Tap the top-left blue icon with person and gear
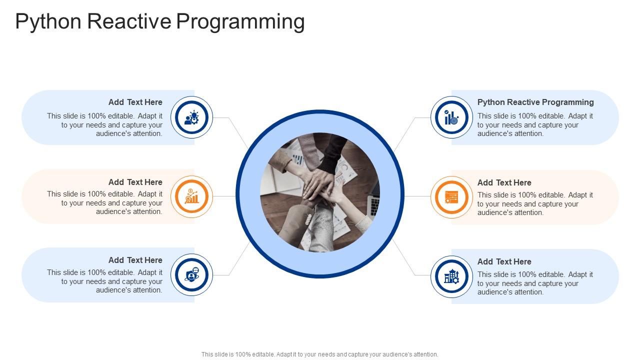point(192,118)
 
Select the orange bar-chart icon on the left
point(192,196)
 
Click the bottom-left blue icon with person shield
point(192,275)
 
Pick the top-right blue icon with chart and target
point(451,118)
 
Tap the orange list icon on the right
point(451,197)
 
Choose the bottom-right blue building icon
point(451,276)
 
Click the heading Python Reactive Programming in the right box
point(535,102)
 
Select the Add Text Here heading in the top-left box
point(135,102)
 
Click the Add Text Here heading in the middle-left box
point(135,182)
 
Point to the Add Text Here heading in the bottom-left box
point(135,260)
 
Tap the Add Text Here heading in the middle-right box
point(504,182)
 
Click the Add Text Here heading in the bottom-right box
point(504,261)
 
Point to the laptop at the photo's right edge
point(373,202)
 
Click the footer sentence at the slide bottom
point(320,354)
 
